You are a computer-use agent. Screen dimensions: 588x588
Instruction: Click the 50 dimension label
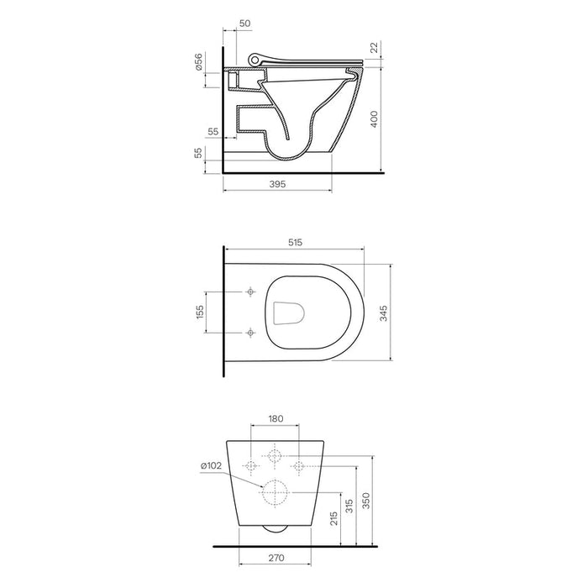tap(244, 24)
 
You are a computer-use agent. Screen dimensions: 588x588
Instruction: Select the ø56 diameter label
tap(198, 62)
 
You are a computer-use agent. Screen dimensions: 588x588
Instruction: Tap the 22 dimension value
tap(375, 48)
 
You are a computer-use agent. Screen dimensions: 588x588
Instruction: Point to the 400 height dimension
tap(375, 119)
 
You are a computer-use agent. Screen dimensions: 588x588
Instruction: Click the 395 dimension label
tap(277, 184)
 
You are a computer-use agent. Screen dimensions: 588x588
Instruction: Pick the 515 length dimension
tap(295, 243)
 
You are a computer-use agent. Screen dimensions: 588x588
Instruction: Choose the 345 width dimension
tap(384, 313)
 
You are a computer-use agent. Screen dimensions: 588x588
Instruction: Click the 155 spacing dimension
tap(200, 312)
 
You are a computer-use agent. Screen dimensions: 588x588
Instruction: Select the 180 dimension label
tap(276, 418)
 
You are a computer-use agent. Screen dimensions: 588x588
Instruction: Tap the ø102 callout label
tap(211, 465)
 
